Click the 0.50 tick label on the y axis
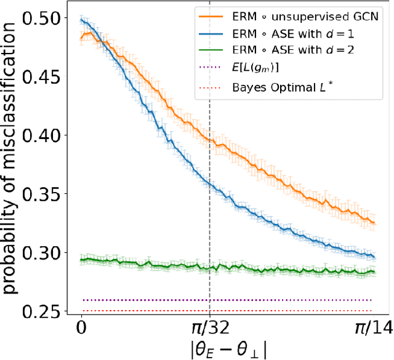tap(41, 18)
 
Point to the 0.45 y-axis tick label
tap(41, 77)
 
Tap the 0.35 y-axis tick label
tap(41, 194)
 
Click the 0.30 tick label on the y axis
tap(41, 252)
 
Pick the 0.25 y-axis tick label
tap(41, 311)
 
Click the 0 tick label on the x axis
tap(81, 329)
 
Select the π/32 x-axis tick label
tap(210, 329)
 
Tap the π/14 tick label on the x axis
tap(374, 329)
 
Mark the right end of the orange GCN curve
tap(374, 223)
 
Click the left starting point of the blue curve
tap(82, 20)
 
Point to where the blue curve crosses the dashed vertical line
tap(210, 185)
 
